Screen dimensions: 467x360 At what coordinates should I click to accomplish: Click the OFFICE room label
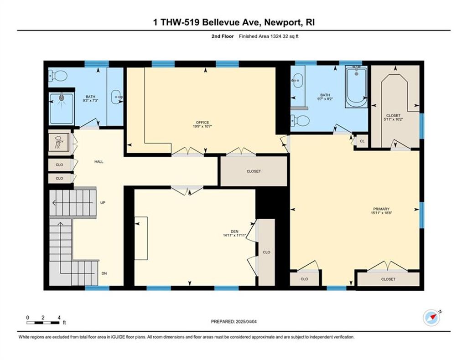pos(202,122)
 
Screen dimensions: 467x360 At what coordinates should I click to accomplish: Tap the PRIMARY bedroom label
pos(381,209)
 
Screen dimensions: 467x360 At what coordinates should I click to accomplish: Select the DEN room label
pos(234,231)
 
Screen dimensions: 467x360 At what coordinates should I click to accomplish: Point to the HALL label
pos(99,162)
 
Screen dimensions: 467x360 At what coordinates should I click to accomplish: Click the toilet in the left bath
pos(58,75)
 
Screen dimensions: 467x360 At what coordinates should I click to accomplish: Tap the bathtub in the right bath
pos(356,87)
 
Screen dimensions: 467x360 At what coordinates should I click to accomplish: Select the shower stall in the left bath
pos(62,108)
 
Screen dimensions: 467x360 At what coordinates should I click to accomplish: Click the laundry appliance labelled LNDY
pos(60,142)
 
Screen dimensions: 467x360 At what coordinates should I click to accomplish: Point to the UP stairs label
pos(103,203)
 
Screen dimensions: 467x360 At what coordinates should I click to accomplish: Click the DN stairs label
pos(104,273)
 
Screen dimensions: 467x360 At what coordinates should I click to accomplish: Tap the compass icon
pos(431,318)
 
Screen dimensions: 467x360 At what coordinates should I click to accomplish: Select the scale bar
pos(43,323)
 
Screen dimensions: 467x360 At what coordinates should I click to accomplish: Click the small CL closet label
pos(362,141)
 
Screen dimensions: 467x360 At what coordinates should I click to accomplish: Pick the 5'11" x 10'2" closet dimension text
pos(393,119)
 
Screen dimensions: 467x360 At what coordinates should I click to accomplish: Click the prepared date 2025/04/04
pos(246,322)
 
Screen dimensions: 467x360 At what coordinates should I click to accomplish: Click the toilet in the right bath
pos(300,120)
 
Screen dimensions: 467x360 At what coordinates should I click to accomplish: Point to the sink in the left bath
pos(116,97)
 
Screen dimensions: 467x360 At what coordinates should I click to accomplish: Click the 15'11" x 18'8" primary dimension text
pos(381,213)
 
